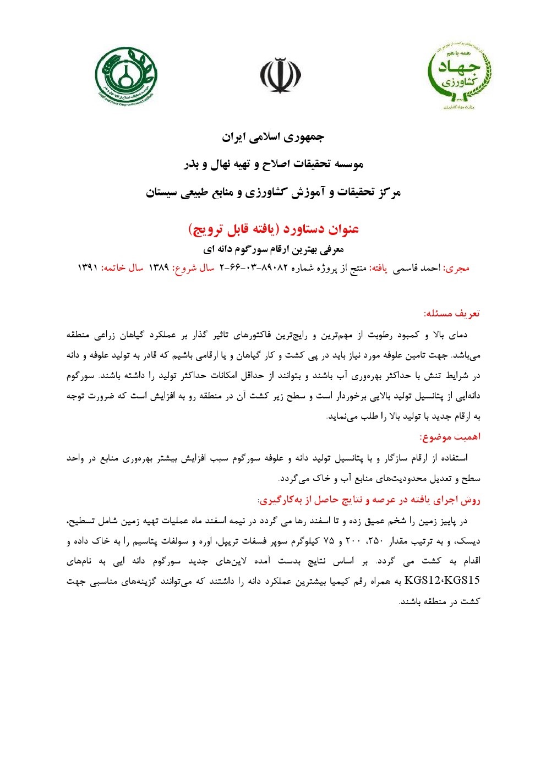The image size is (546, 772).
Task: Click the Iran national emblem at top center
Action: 281,76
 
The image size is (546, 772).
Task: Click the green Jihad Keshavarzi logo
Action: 460,75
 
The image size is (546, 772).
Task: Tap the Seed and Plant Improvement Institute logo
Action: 126,76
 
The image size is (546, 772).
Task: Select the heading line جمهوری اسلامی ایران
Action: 273,137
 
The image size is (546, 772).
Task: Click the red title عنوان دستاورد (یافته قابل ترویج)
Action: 274,228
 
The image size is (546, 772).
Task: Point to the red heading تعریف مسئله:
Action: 451,314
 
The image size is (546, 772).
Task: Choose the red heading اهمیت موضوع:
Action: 450,437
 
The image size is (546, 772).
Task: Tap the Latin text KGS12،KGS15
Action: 442,581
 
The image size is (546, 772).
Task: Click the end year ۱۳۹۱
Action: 87,268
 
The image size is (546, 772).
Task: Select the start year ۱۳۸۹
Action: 159,268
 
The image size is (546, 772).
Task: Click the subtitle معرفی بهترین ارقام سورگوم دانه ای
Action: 274,249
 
